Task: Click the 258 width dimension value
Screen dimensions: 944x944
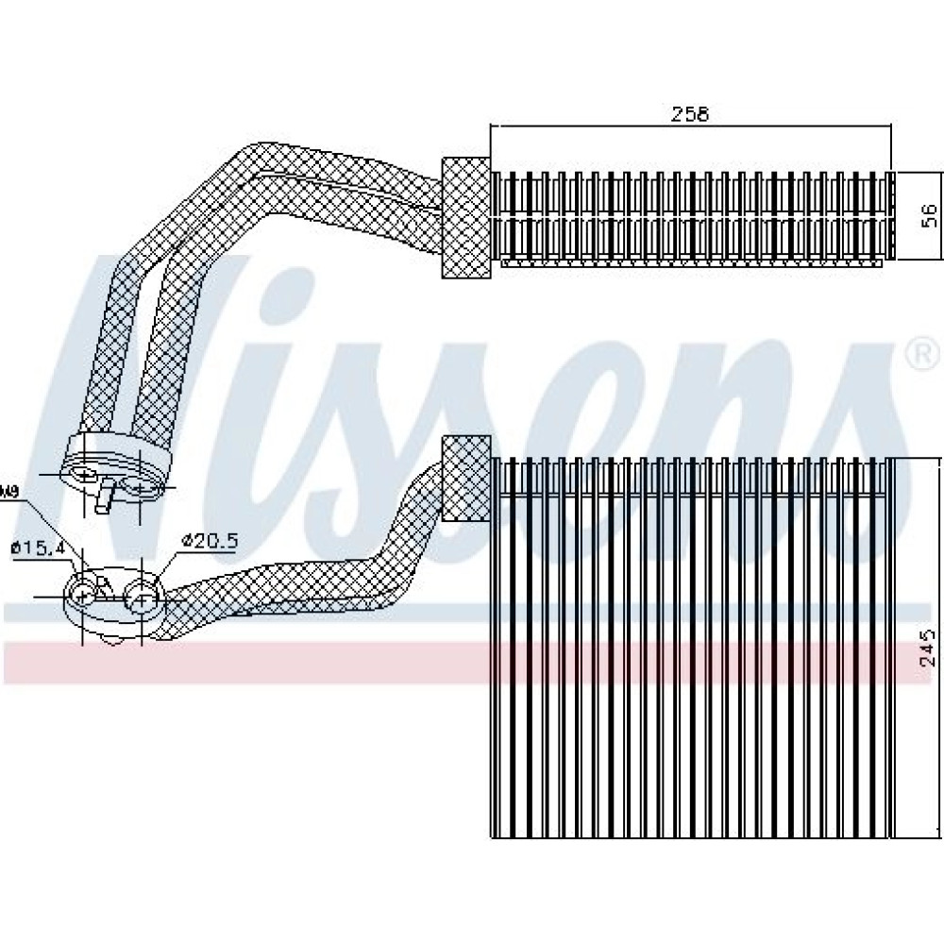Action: coord(689,114)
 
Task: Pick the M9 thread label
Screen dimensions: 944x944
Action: coord(9,491)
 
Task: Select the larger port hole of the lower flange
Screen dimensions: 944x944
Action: coord(142,597)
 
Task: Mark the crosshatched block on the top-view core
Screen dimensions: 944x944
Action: coord(466,217)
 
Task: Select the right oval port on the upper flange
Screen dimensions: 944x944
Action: coord(140,487)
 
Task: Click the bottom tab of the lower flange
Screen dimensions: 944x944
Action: coord(113,641)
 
